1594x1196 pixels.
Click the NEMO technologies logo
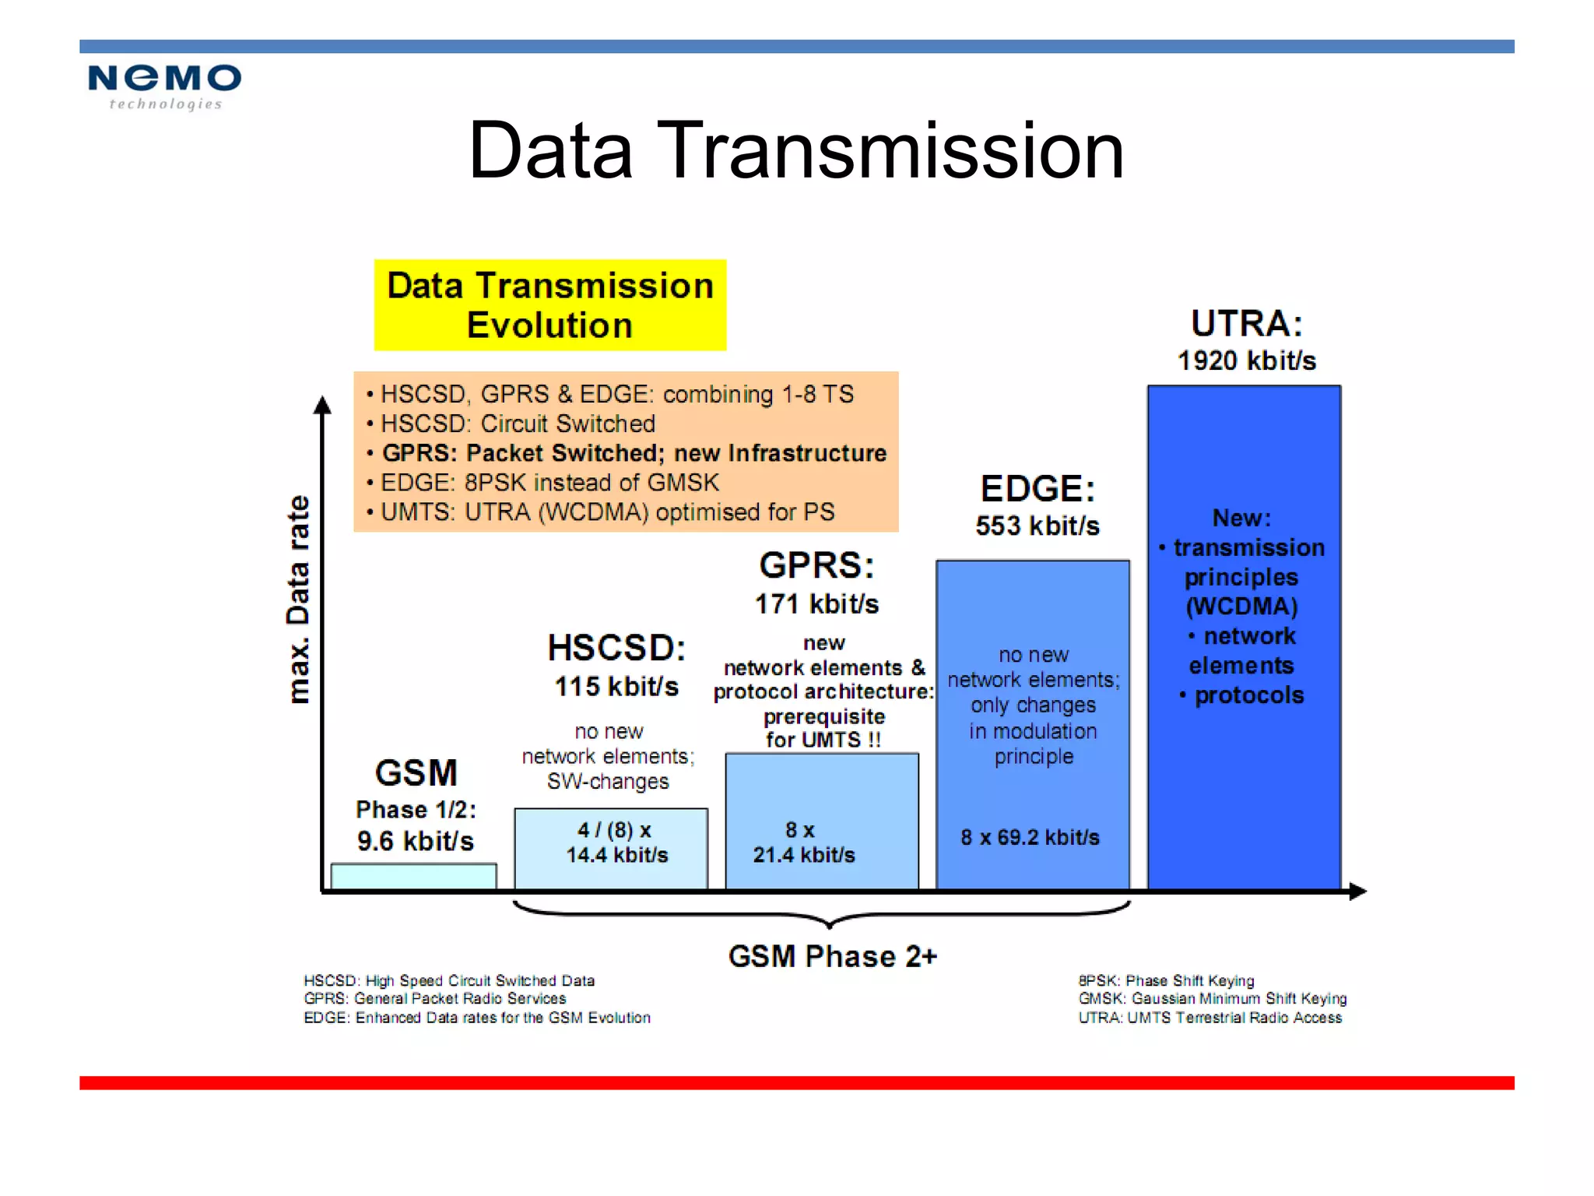point(164,86)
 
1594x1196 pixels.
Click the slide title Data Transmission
point(795,151)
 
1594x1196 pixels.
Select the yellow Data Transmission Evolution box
point(549,305)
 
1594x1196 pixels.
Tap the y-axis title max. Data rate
point(298,600)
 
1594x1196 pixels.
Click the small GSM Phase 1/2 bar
point(413,876)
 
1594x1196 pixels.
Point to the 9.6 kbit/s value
point(415,841)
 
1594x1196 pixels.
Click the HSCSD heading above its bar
point(616,648)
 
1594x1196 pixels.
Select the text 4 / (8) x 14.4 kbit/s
point(616,842)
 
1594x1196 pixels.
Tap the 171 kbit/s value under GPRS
point(816,604)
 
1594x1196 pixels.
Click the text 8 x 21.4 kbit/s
point(803,842)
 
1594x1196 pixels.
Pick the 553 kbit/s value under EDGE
point(1037,526)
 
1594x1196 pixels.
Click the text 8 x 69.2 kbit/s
point(1030,838)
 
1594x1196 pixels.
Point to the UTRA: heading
point(1246,323)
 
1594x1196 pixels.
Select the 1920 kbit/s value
point(1246,361)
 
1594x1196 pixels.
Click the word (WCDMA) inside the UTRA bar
point(1241,607)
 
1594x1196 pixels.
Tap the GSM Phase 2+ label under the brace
point(832,956)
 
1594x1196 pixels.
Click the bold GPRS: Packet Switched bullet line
point(634,453)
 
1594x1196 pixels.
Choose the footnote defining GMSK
point(1212,999)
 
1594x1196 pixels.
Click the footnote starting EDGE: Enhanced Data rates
point(476,1018)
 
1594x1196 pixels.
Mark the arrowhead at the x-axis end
point(1357,892)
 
